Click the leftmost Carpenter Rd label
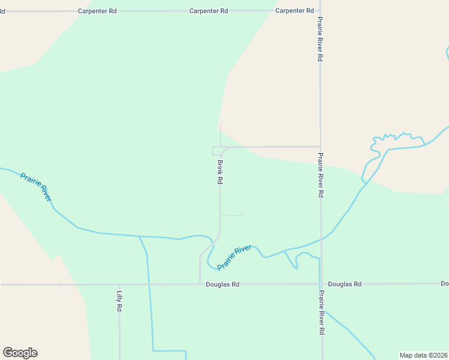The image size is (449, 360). pyautogui.click(x=97, y=11)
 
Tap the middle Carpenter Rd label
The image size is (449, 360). pyautogui.click(x=208, y=11)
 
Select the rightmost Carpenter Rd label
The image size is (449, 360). pyautogui.click(x=295, y=11)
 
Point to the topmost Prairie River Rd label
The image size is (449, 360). pyautogui.click(x=321, y=38)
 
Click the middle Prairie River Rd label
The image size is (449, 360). pyautogui.click(x=321, y=175)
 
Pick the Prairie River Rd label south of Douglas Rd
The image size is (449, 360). pyautogui.click(x=322, y=312)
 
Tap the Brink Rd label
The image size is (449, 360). pyautogui.click(x=220, y=172)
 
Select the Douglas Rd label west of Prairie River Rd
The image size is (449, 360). pyautogui.click(x=222, y=284)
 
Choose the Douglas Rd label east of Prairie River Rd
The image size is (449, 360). pyautogui.click(x=345, y=284)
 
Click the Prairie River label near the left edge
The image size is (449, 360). pyautogui.click(x=36, y=187)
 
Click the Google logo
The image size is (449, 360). pyautogui.click(x=20, y=353)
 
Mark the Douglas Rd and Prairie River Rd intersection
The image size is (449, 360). pyautogui.click(x=321, y=284)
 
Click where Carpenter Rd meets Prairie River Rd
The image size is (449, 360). pyautogui.click(x=320, y=11)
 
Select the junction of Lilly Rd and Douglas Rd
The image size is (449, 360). pyautogui.click(x=119, y=284)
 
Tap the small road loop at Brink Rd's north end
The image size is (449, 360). pyautogui.click(x=217, y=151)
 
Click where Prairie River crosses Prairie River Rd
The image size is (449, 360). pyautogui.click(x=322, y=239)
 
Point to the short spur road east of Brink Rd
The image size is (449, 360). pyautogui.click(x=233, y=215)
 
